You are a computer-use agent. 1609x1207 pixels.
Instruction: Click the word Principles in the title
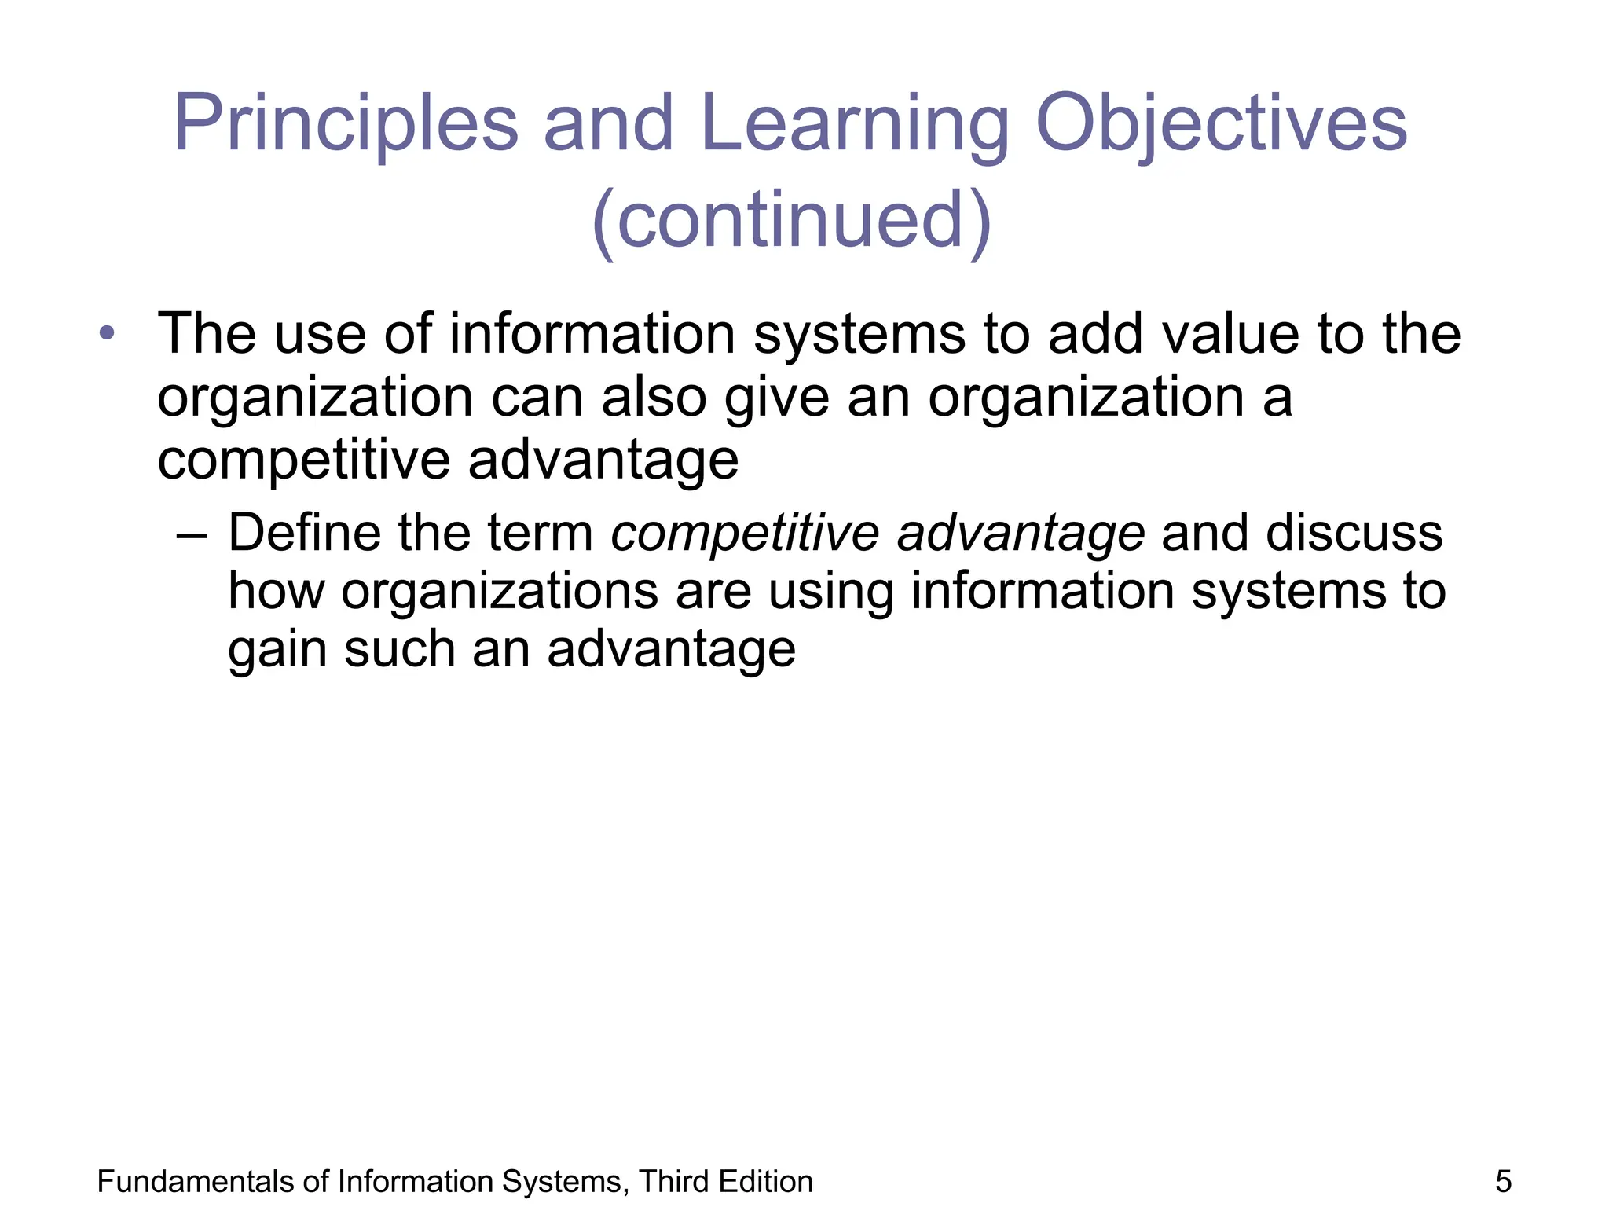click(x=346, y=124)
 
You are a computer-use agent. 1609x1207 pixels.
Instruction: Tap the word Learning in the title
click(x=853, y=124)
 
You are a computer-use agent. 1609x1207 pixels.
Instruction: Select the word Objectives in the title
click(x=1222, y=124)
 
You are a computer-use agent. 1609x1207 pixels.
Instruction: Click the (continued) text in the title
click(x=792, y=220)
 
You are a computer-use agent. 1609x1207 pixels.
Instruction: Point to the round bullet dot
click(x=107, y=333)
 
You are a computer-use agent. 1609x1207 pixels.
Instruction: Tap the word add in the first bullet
click(x=1097, y=334)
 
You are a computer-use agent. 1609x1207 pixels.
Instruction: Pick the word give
click(x=776, y=398)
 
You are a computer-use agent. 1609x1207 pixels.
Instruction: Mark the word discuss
click(x=1354, y=533)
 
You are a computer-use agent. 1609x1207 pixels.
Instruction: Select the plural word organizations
click(x=500, y=591)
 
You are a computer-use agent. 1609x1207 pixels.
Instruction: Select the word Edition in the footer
click(x=765, y=1182)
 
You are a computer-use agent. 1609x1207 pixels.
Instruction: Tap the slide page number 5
click(x=1503, y=1182)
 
